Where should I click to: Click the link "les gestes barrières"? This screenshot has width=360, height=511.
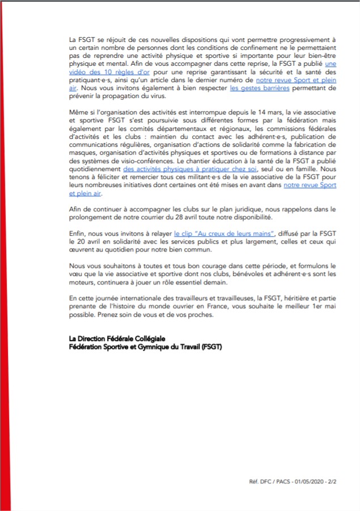point(260,90)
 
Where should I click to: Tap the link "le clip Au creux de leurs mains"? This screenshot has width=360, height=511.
point(225,233)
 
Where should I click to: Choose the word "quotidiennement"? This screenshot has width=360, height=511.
point(95,169)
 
